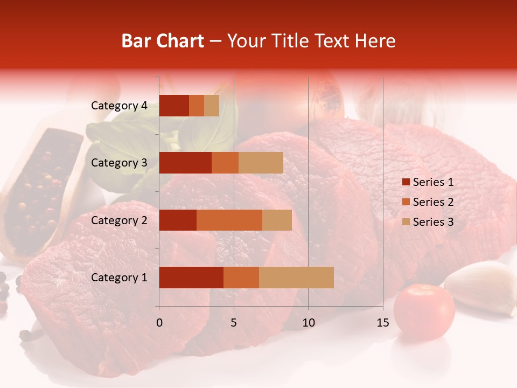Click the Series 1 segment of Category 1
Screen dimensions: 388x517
click(x=191, y=278)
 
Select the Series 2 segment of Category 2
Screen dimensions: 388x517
click(x=229, y=220)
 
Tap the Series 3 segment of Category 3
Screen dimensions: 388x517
click(x=261, y=163)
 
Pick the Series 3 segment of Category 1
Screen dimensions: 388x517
click(x=296, y=278)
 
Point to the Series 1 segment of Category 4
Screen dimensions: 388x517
click(x=174, y=106)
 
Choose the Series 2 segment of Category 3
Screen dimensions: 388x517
click(x=225, y=163)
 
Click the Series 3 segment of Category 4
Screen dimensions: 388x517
click(x=212, y=106)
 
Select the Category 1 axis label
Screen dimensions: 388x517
click(x=119, y=278)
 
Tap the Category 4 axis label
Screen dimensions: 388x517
click(x=119, y=106)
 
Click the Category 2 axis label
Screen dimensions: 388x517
click(x=119, y=220)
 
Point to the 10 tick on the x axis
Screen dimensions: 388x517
click(x=308, y=323)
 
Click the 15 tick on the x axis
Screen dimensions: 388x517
click(x=383, y=323)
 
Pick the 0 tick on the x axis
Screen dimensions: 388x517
click(x=159, y=323)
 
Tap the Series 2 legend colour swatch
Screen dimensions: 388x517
click(x=406, y=202)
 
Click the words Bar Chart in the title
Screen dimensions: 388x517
click(x=163, y=41)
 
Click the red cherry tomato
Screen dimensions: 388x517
click(x=424, y=312)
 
